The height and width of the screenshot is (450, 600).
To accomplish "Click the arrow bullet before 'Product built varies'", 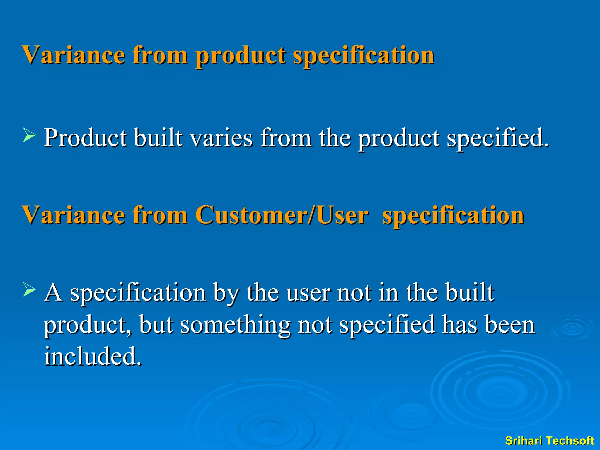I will tap(29, 137).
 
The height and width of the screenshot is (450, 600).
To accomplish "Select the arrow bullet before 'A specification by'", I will tap(29, 290).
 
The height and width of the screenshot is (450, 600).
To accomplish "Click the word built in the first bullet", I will tap(158, 138).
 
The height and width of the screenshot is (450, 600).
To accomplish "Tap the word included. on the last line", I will tap(93, 356).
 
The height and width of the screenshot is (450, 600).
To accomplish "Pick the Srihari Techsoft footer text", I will tap(549, 441).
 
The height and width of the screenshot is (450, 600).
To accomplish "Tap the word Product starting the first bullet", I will tap(85, 138).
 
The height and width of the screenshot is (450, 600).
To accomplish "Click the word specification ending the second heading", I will tap(453, 215).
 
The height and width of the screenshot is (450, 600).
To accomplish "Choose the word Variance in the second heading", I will tap(74, 215).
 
